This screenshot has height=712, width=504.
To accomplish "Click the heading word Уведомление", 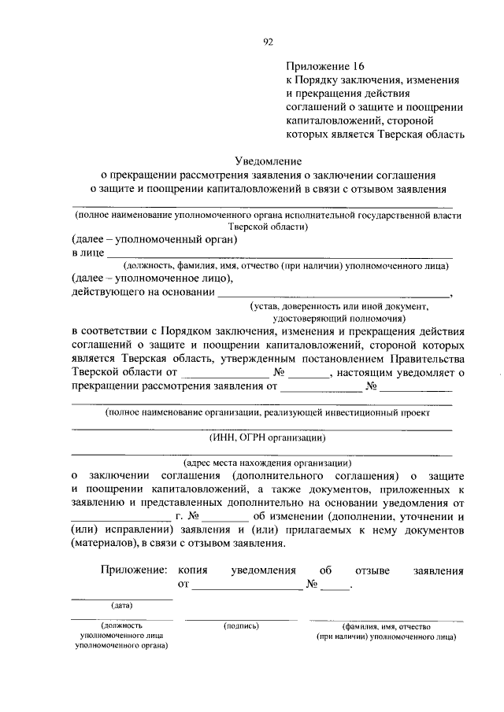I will point(268,162).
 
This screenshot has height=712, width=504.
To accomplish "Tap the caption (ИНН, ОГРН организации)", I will point(268,437).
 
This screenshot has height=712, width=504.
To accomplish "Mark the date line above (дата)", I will point(121,599).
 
